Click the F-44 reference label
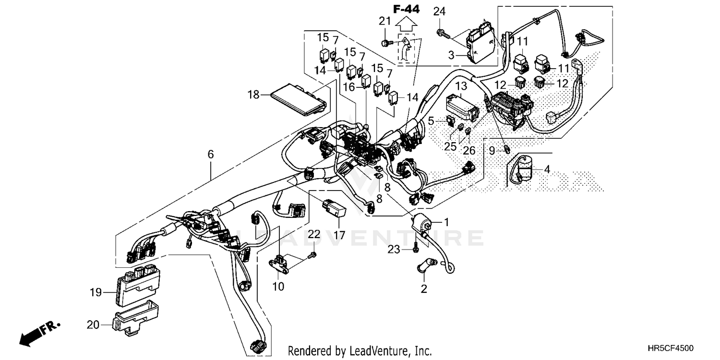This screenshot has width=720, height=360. (x=406, y=8)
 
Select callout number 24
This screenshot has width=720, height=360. (x=440, y=11)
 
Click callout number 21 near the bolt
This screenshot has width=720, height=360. (x=384, y=21)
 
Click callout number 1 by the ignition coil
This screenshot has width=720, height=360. (x=446, y=222)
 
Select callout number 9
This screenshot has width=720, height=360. (x=492, y=151)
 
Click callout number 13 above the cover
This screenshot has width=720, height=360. (x=461, y=86)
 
